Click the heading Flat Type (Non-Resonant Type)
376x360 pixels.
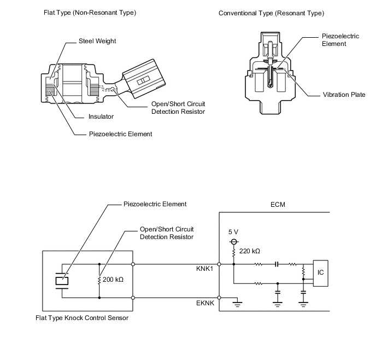[90, 12]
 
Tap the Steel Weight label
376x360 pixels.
[97, 41]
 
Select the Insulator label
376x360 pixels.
[101, 117]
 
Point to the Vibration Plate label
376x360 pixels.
[344, 95]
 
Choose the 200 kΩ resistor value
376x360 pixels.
[113, 280]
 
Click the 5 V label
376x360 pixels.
[234, 231]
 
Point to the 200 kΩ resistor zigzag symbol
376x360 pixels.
[99, 280]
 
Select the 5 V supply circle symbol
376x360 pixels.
[234, 241]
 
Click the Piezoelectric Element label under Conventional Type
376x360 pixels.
[340, 40]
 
